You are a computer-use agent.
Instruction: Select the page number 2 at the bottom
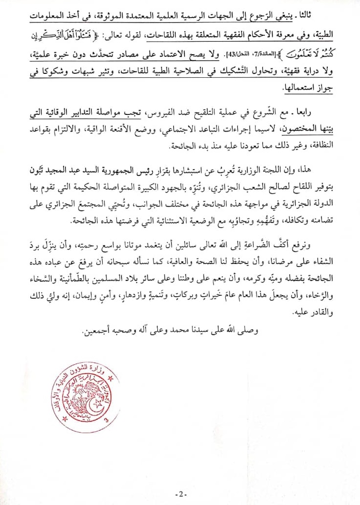180,492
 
